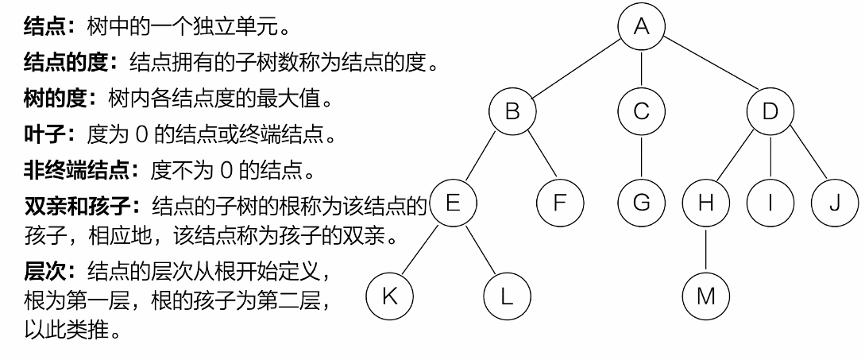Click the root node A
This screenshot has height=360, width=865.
coord(642,27)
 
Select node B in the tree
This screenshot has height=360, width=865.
coord(512,111)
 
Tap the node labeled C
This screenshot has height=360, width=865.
coord(642,111)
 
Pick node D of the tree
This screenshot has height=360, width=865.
coord(770,111)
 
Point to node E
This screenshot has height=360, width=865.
coord(453,203)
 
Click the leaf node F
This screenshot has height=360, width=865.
coord(559,203)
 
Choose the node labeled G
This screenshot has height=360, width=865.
coord(642,203)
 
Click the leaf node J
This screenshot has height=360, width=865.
coord(833,203)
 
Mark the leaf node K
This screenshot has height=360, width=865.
coord(389,296)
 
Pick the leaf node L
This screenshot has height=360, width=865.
coord(508,296)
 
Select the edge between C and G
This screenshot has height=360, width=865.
coord(642,157)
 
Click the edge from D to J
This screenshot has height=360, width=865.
coord(802,157)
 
